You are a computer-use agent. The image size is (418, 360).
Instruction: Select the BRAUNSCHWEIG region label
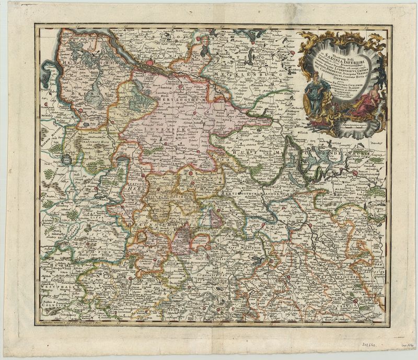point(152,223)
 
